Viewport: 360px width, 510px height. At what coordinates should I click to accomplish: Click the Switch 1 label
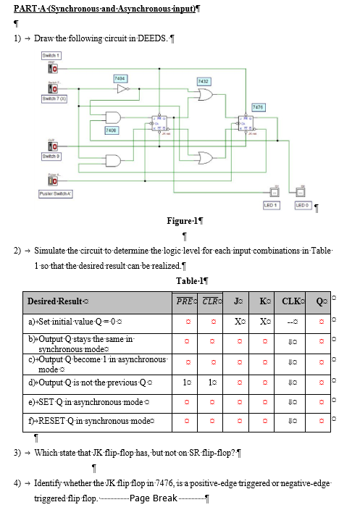click(x=51, y=56)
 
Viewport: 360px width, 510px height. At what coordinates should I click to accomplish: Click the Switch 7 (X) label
click(x=54, y=99)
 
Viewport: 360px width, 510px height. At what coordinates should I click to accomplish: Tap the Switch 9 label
click(x=51, y=156)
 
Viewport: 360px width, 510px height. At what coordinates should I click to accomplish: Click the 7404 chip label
click(x=121, y=78)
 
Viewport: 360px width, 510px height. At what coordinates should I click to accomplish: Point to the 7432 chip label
click(x=204, y=81)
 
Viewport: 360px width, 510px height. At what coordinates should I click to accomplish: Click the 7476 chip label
click(x=259, y=106)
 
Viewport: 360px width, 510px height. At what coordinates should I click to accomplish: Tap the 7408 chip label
click(x=111, y=129)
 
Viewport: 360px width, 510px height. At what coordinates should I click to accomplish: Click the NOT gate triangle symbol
click(x=122, y=89)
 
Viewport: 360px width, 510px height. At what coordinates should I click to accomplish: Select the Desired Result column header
click(x=57, y=301)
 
